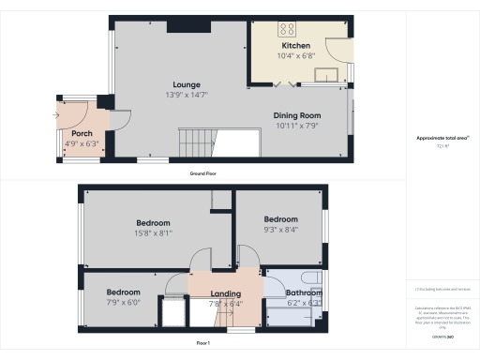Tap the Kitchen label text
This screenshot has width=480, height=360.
[x=295, y=46]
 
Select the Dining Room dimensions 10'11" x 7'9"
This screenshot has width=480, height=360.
[x=298, y=125]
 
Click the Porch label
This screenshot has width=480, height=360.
[x=82, y=134]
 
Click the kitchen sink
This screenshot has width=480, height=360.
[x=327, y=76]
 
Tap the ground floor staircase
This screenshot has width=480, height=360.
[x=198, y=142]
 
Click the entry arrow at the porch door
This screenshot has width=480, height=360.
[x=59, y=115]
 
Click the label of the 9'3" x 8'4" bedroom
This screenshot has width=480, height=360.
[x=280, y=218]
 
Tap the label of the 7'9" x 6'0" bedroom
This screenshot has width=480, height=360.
[x=122, y=292]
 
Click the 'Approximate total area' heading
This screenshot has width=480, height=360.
[x=442, y=138]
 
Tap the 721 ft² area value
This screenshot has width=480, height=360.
[x=442, y=147]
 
